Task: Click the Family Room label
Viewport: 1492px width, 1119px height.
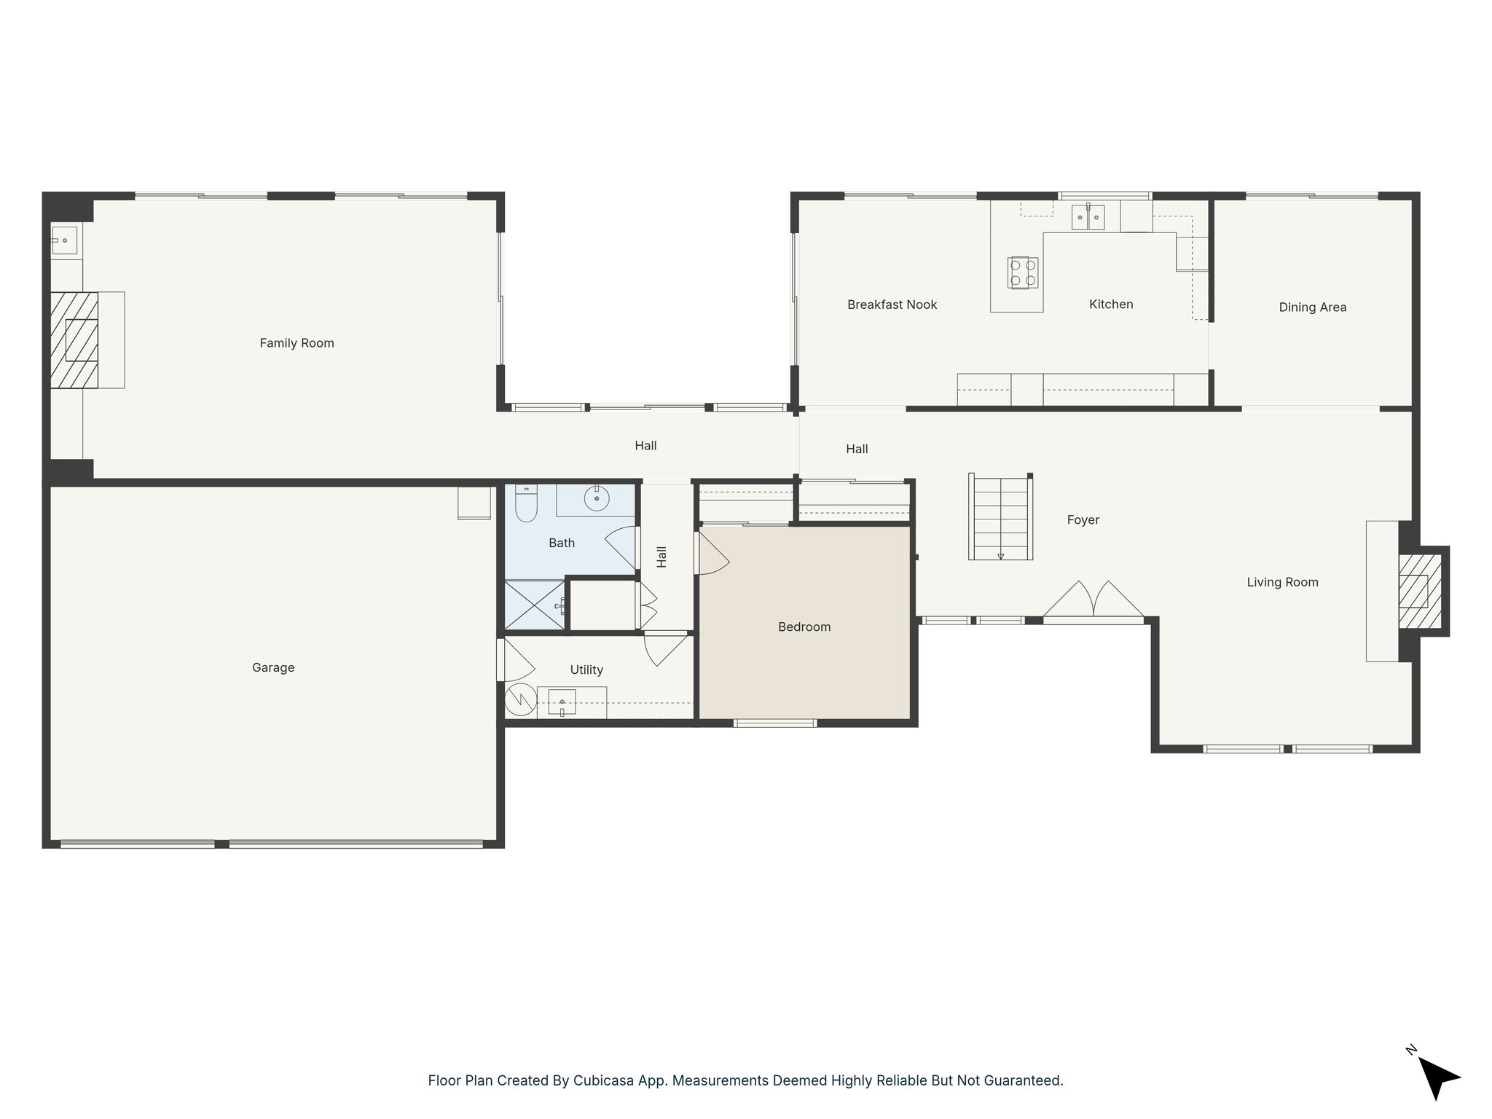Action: point(297,343)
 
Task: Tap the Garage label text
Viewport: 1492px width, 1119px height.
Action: point(273,667)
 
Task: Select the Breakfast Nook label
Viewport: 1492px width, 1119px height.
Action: point(892,305)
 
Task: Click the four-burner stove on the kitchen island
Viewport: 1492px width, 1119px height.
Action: point(1023,272)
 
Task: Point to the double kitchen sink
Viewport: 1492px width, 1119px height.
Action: point(1088,217)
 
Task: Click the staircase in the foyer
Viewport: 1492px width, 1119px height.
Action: point(1000,517)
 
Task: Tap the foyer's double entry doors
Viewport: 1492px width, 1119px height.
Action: point(1094,600)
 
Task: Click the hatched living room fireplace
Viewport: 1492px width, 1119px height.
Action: point(1419,592)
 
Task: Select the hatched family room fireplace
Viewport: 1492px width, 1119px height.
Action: point(74,340)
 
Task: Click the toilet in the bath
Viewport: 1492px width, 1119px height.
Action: point(526,503)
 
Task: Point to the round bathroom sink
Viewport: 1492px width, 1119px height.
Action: point(597,498)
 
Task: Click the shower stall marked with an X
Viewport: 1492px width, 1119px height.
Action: point(534,605)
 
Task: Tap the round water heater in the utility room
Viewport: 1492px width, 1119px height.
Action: point(521,700)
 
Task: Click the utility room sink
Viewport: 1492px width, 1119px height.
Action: point(562,702)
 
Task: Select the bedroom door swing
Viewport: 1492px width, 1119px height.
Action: point(712,554)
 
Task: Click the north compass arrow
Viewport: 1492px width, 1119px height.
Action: point(1437,1077)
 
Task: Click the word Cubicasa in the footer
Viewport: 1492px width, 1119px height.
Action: point(600,1080)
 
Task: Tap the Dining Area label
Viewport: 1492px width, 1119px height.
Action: point(1312,307)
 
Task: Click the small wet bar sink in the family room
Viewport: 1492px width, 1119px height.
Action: point(64,240)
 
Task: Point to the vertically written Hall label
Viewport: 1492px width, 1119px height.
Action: point(661,557)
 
